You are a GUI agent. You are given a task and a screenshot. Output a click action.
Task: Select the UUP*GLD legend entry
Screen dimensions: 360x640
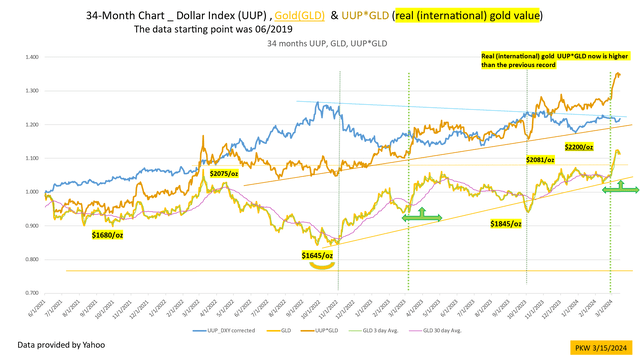333,327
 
